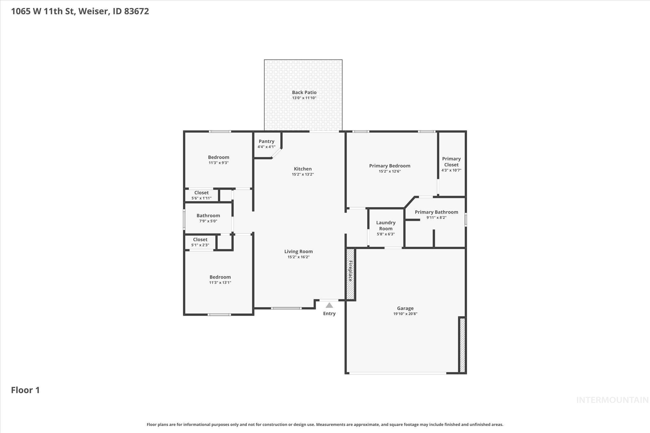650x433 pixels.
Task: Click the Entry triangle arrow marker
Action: [329, 305]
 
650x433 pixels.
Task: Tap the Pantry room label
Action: [266, 141]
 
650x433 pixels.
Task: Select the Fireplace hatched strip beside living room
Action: [350, 274]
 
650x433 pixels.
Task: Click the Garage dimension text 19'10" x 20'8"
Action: [405, 314]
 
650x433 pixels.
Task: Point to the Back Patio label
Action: [304, 92]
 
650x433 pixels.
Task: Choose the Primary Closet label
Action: [451, 161]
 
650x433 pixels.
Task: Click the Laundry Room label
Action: [386, 226]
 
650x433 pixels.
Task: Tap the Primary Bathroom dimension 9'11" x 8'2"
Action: [436, 218]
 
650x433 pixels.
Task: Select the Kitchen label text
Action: [302, 169]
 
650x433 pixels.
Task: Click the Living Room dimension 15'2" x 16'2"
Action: [298, 257]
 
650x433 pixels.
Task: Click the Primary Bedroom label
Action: [389, 166]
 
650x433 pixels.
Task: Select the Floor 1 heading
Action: [25, 390]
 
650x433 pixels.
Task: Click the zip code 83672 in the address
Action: [136, 11]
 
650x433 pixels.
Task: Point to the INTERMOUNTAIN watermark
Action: [612, 400]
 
